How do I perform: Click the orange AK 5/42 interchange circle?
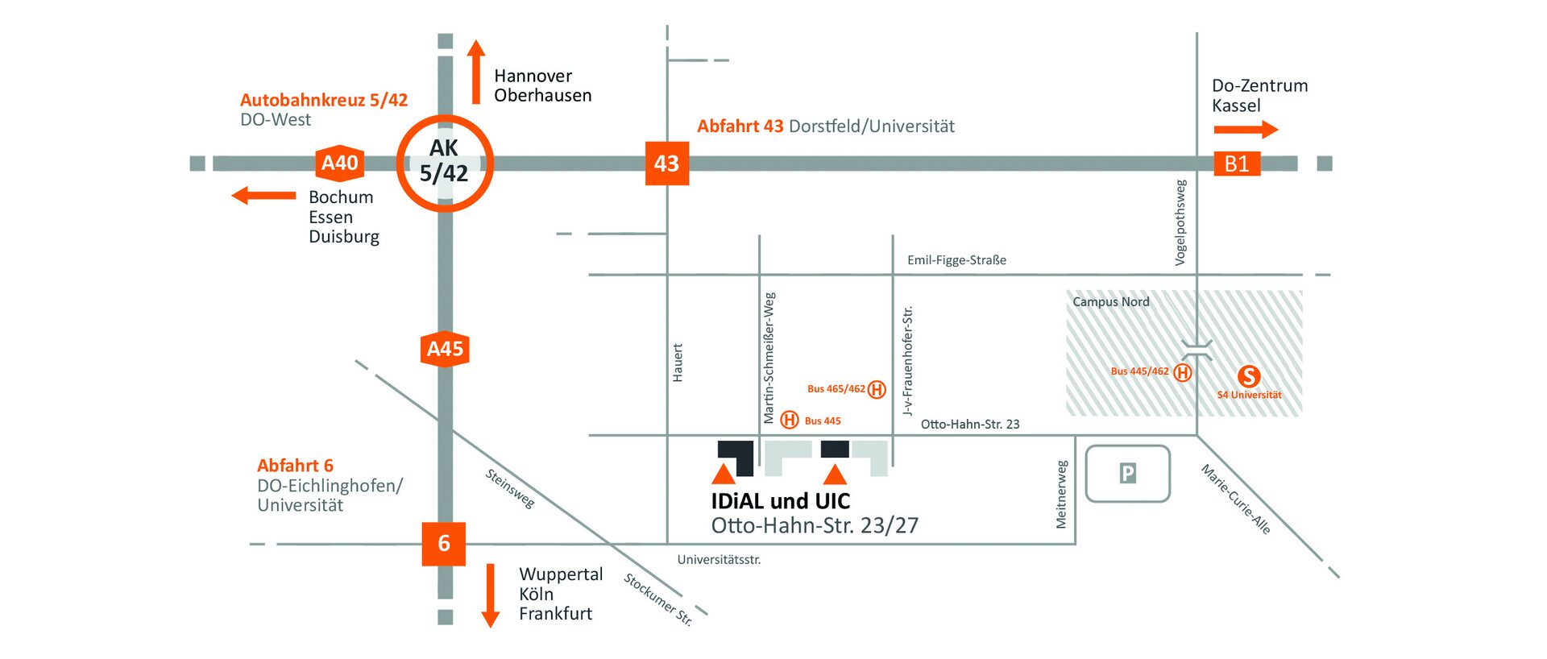coord(444,164)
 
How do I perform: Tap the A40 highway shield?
coord(340,164)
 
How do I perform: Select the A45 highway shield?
coord(445,349)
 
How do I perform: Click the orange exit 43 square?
coord(667,164)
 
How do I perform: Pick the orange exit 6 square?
coord(444,543)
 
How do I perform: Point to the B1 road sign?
coord(1237,164)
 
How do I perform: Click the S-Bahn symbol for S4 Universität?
coord(1249,376)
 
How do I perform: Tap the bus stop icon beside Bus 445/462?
coord(1182,372)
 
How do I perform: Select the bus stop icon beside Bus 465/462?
coord(877,390)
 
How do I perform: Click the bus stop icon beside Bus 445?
coord(790,420)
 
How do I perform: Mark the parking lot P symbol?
coord(1128,474)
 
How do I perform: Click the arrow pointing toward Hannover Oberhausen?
coord(476,72)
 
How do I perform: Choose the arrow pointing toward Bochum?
coord(263,195)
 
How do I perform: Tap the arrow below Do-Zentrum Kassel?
coord(1246,129)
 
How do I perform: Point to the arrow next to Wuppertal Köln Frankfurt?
coord(490,595)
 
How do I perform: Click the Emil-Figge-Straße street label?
coord(956,260)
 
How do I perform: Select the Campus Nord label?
coord(1110,302)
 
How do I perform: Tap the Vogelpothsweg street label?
coord(1180,222)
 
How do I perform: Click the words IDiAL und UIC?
coord(780,501)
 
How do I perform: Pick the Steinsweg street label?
coord(510,488)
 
